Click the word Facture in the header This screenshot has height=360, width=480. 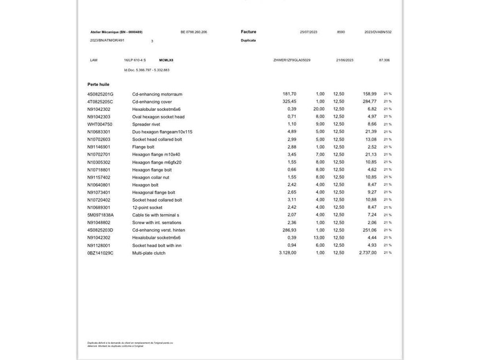click(249, 32)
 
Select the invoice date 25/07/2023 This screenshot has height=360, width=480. click(309, 32)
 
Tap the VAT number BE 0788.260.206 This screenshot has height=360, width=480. click(194, 32)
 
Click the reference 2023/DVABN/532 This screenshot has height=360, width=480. click(378, 32)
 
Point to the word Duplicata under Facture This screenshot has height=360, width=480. click(248, 40)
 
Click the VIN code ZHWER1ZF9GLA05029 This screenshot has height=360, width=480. click(292, 60)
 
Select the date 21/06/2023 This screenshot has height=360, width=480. click(345, 60)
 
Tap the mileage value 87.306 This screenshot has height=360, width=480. click(384, 60)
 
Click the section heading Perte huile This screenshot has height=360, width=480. click(98, 84)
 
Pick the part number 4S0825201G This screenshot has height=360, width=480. click(100, 94)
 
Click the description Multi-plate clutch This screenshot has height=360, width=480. click(149, 253)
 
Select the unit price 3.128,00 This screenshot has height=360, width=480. click(287, 253)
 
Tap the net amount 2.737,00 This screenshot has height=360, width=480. click(368, 253)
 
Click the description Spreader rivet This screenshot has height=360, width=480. click(145, 124)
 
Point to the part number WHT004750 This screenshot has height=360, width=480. click(100, 124)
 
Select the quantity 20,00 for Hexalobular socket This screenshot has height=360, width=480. click(319, 109)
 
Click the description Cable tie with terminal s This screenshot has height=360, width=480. click(156, 215)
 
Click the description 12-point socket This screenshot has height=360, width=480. click(147, 207)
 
